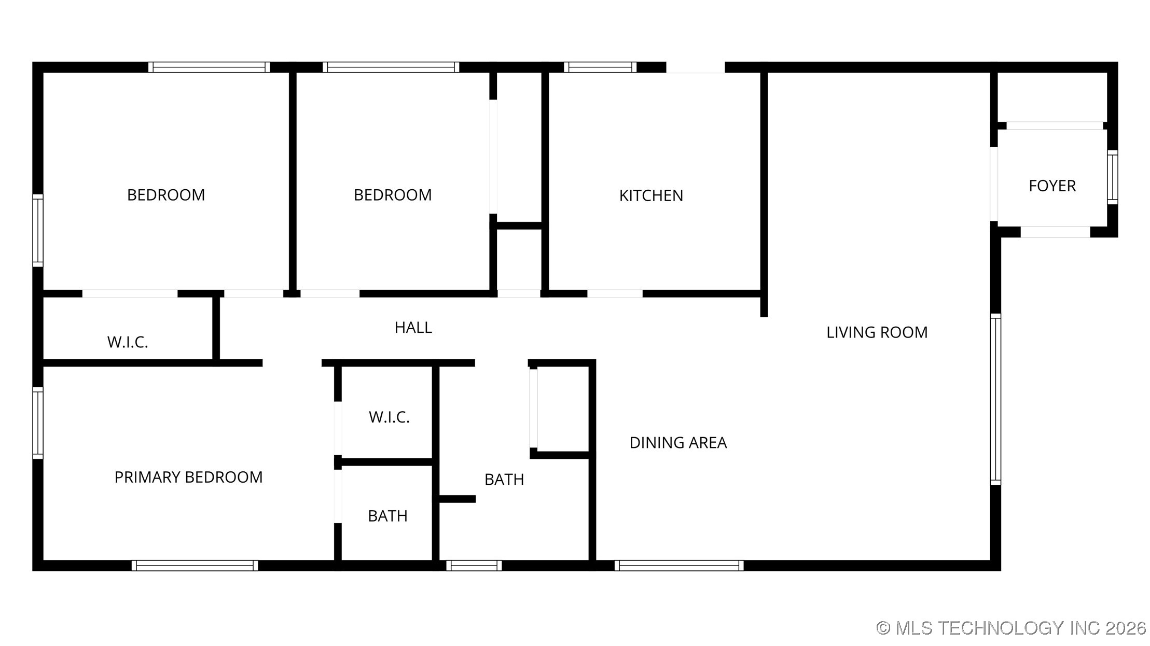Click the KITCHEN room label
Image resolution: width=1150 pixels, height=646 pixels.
point(651,195)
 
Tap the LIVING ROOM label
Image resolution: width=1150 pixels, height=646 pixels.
point(877,332)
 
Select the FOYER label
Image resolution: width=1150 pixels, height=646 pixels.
point(1052,186)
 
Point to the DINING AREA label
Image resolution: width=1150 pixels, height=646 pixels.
point(678,443)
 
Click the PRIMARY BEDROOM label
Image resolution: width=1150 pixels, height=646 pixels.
point(188,477)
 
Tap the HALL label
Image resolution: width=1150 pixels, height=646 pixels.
point(413,327)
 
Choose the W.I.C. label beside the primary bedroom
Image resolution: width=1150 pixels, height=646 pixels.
point(389,417)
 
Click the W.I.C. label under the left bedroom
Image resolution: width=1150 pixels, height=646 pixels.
point(128,342)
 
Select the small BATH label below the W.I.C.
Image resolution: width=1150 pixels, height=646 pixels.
point(387,516)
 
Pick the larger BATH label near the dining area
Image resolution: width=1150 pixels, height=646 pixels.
point(504,480)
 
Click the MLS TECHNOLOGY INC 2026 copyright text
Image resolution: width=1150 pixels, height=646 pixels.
point(1011,628)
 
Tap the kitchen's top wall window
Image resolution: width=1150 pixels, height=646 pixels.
point(600,67)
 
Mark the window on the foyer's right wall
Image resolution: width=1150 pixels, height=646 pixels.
point(1113,177)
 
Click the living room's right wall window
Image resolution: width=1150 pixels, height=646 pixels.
point(995,399)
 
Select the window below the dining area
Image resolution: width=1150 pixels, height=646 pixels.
point(679,566)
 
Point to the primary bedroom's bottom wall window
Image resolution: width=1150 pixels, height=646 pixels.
point(195,566)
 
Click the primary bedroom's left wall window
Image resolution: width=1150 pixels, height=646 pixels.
point(38,423)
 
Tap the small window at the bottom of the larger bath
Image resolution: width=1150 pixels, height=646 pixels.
point(474,566)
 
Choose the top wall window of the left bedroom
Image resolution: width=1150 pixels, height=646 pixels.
point(209,67)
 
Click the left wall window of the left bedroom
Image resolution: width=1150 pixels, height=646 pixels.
point(38,231)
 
